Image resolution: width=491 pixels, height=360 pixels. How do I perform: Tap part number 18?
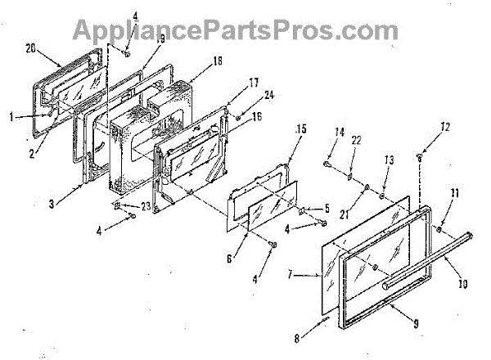pyautogui.click(x=194, y=61)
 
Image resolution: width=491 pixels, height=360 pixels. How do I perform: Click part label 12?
pyautogui.click(x=422, y=127)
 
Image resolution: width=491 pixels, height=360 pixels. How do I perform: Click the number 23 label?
pyautogui.click(x=134, y=206)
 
